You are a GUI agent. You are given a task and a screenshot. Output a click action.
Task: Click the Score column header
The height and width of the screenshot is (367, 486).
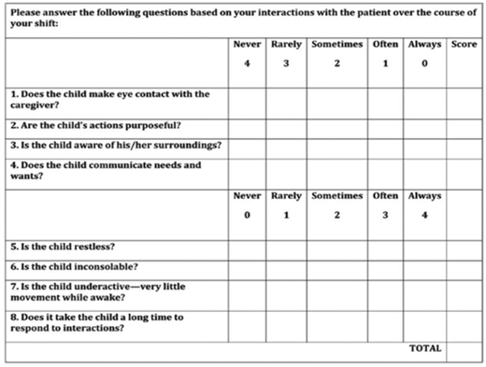tap(464, 44)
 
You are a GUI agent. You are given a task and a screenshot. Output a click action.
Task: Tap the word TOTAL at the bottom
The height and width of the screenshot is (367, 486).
tap(425, 347)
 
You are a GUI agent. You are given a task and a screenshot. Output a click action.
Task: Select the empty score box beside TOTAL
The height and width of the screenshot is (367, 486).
tap(464, 350)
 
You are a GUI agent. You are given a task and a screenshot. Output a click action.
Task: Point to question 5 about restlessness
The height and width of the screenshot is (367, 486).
tap(62, 247)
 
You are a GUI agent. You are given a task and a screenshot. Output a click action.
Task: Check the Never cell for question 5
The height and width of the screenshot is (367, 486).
tap(247, 247)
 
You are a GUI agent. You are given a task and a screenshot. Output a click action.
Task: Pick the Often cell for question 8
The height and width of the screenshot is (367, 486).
tap(384, 323)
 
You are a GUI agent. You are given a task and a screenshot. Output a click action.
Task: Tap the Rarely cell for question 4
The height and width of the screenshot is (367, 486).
tap(286, 171)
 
